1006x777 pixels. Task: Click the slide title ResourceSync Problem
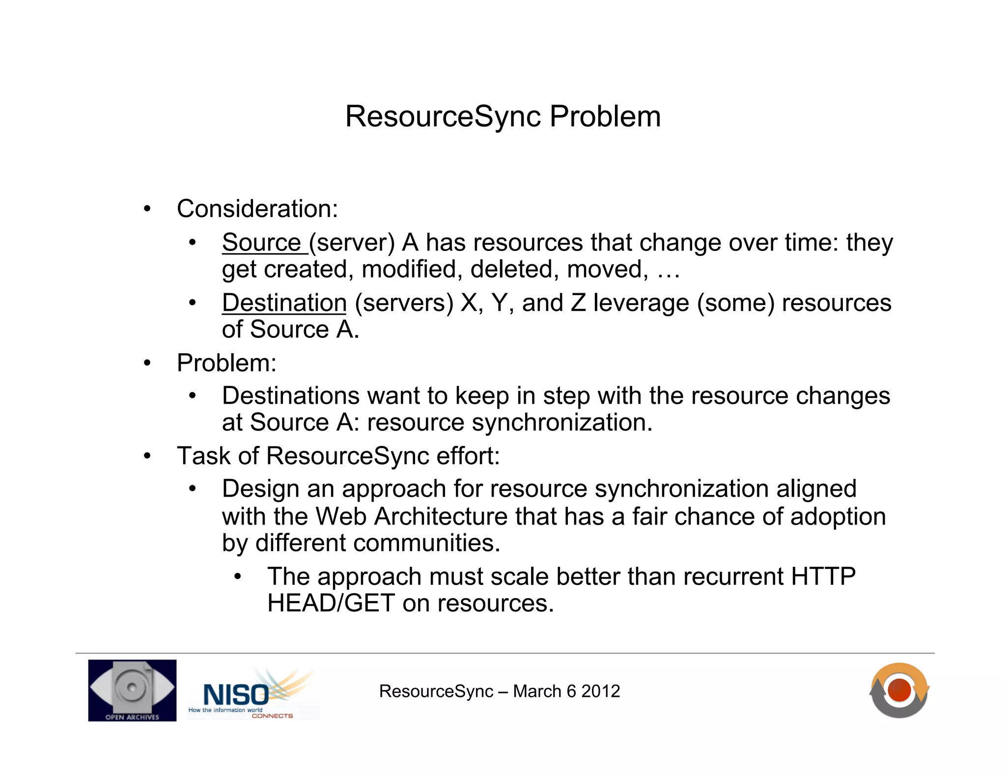[503, 116]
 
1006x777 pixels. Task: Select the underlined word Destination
[284, 303]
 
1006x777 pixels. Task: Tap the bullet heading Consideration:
[257, 209]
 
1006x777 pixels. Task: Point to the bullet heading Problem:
[226, 363]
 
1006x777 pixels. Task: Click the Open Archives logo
[132, 690]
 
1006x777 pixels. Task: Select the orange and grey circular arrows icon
[899, 690]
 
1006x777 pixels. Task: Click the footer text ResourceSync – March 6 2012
[499, 691]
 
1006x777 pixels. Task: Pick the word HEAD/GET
[331, 603]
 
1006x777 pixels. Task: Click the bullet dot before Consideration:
[147, 209]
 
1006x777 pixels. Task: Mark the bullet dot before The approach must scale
[238, 577]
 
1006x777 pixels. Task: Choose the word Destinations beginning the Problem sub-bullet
[290, 396]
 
